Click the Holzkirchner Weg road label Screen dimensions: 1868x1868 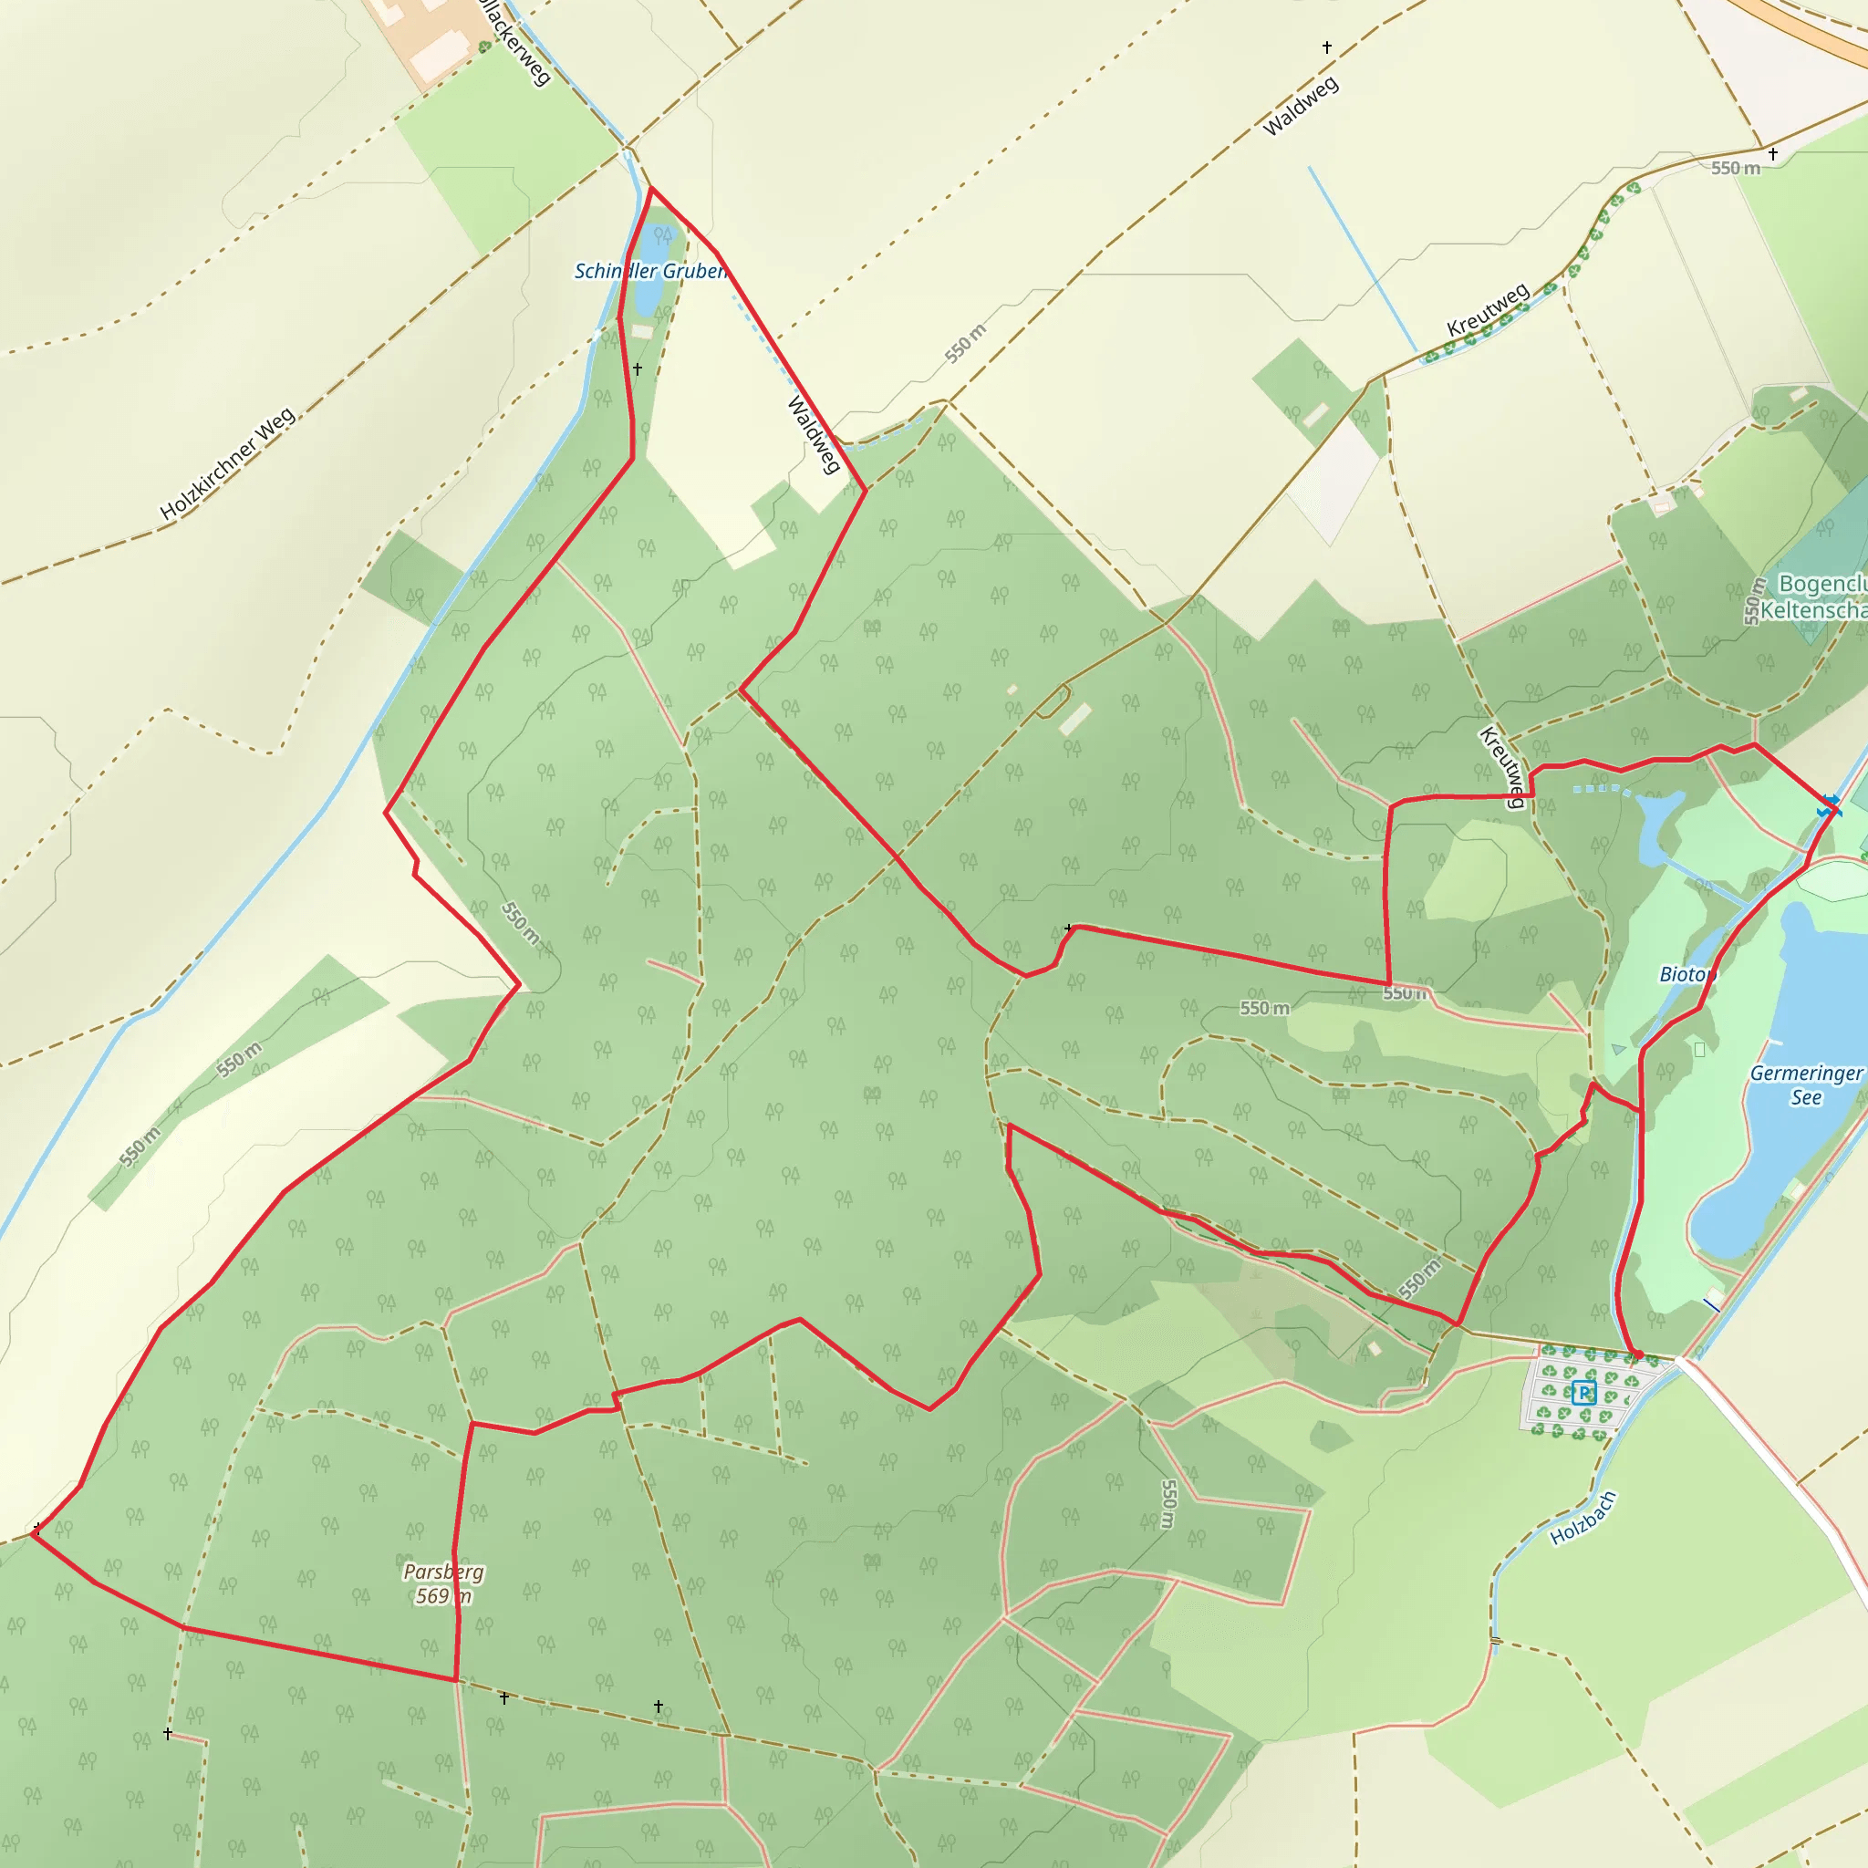[228, 464]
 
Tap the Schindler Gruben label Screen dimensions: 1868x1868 [649, 272]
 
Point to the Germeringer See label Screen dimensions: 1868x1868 [1805, 1084]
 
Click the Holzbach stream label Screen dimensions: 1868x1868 [1583, 1518]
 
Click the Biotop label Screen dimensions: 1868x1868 [1687, 975]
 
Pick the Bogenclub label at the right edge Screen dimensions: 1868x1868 [1821, 584]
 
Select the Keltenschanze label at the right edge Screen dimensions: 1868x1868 [1813, 610]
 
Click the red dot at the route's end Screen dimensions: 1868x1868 [1638, 1354]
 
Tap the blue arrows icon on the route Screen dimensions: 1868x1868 [1830, 805]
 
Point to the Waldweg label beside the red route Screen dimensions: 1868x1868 [813, 435]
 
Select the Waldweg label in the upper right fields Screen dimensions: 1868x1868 [1301, 106]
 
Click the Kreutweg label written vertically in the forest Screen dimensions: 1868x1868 [1502, 766]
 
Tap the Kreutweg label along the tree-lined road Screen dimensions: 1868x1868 [1488, 309]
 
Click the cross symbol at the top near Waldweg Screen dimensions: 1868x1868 [1326, 47]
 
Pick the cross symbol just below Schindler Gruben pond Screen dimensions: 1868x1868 [638, 369]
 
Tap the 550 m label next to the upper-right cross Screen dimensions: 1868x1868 [1735, 168]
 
